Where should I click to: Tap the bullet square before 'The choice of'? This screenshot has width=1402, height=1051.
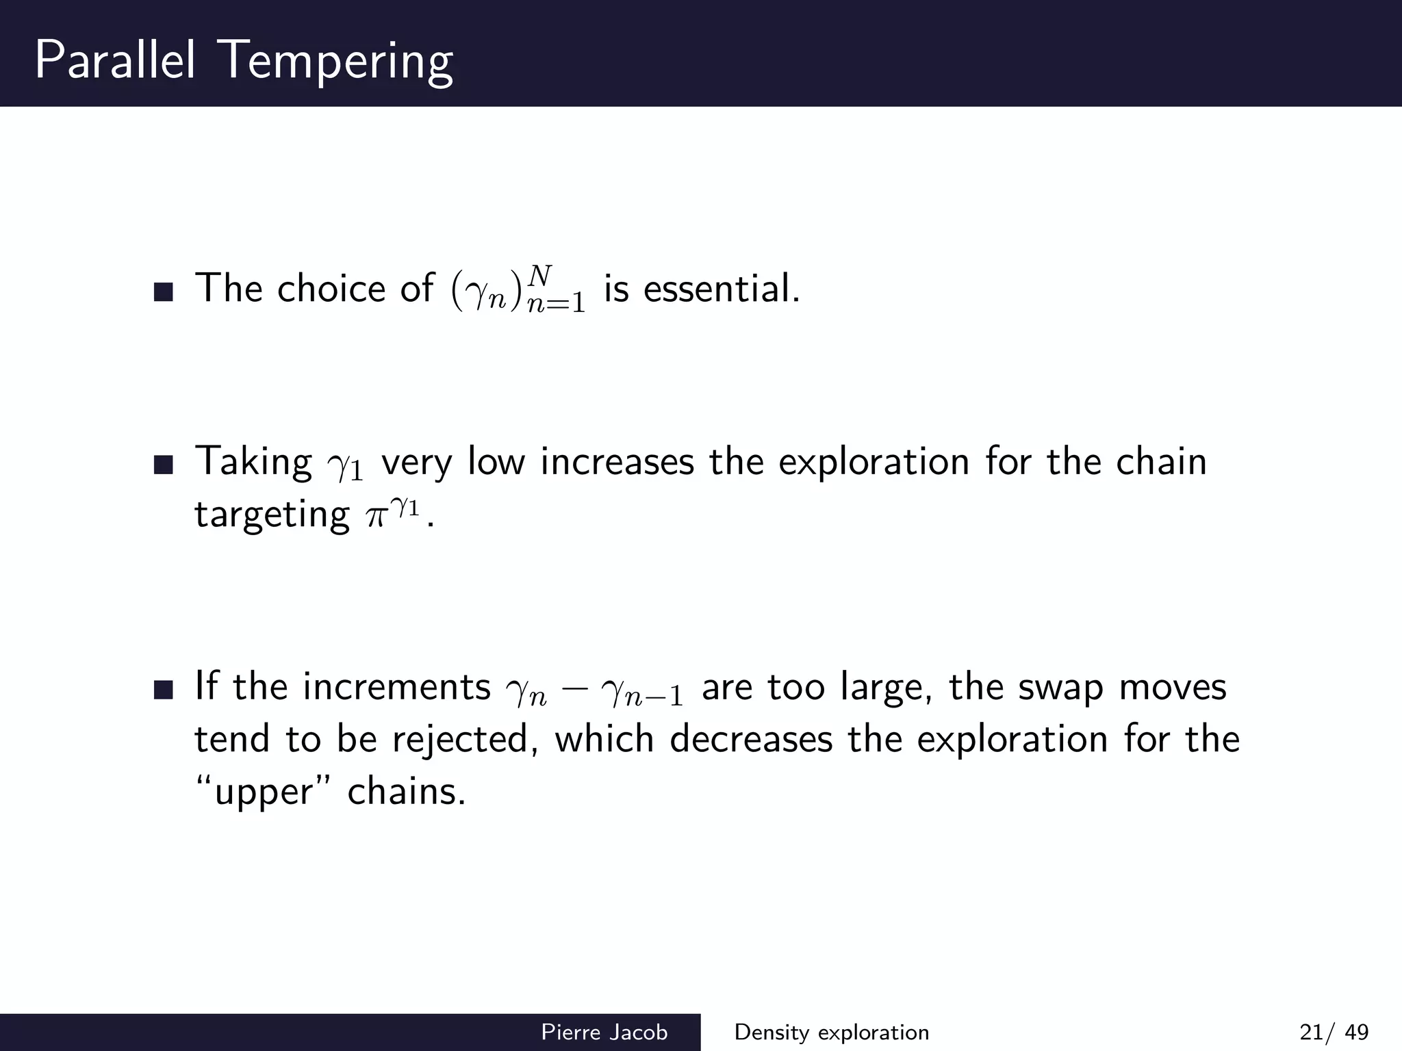[164, 293]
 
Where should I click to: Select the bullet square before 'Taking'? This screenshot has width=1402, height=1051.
[164, 466]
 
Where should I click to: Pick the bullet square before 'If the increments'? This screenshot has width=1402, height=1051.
[164, 690]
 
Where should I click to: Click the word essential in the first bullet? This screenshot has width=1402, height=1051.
[721, 288]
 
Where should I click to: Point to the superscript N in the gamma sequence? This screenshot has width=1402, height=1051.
[540, 276]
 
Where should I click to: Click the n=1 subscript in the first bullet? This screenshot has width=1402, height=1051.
[557, 304]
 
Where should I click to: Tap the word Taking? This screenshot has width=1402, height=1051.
[253, 463]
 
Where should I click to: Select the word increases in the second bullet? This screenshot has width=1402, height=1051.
[617, 461]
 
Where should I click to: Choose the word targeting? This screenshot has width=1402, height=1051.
[272, 515]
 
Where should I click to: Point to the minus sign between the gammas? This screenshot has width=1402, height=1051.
[574, 690]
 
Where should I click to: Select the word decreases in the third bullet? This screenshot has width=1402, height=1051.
[751, 739]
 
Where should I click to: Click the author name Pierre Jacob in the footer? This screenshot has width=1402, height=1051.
[604, 1032]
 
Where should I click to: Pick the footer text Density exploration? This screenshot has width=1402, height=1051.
[832, 1032]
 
